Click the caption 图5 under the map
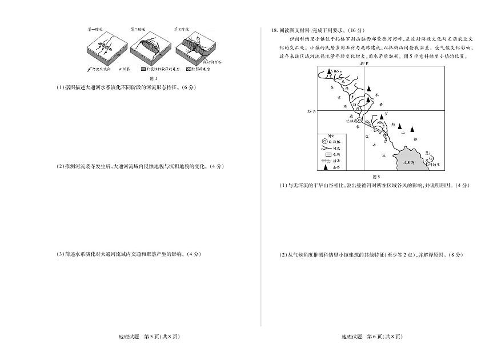point(376,177)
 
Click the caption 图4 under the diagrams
point(152,78)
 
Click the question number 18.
point(275,30)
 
